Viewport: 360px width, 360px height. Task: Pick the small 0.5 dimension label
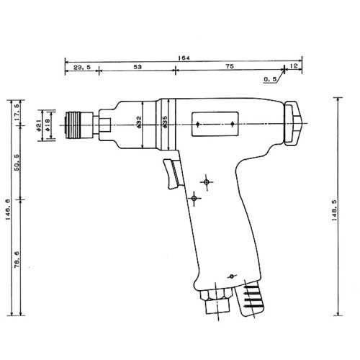[270, 79]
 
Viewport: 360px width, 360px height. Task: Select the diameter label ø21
[37, 126]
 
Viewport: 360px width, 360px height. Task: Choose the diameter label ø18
[48, 126]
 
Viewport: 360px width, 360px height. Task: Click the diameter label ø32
[138, 125]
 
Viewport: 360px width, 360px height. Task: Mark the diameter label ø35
[165, 125]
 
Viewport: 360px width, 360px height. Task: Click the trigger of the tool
[173, 176]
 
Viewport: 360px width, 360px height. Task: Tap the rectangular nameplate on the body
[215, 125]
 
